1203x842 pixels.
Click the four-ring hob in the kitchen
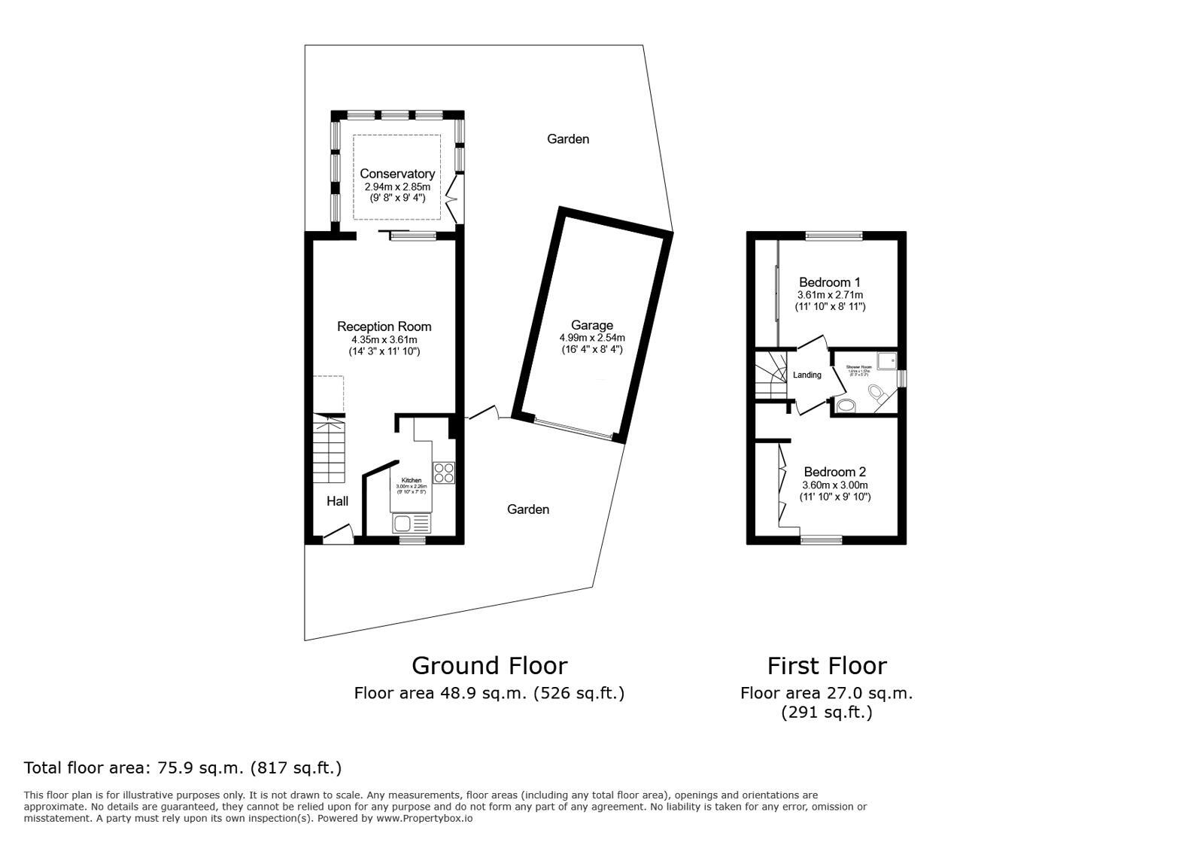444,472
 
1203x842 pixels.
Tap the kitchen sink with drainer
411,523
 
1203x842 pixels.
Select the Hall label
337,501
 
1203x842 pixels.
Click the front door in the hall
338,534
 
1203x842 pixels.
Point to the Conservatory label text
396,174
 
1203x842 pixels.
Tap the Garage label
591,325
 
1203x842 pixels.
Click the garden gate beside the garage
484,413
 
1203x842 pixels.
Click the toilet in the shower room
876,393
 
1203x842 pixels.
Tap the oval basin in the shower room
846,406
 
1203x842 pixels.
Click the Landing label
807,375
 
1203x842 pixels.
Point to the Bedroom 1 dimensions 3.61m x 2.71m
830,295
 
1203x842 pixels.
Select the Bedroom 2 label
834,472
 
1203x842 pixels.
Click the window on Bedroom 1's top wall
834,236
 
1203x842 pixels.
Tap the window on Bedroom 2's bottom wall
821,539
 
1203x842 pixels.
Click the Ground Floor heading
489,665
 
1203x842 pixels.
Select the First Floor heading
826,665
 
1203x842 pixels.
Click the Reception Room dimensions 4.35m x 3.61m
384,339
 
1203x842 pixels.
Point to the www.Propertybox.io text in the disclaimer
424,818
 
